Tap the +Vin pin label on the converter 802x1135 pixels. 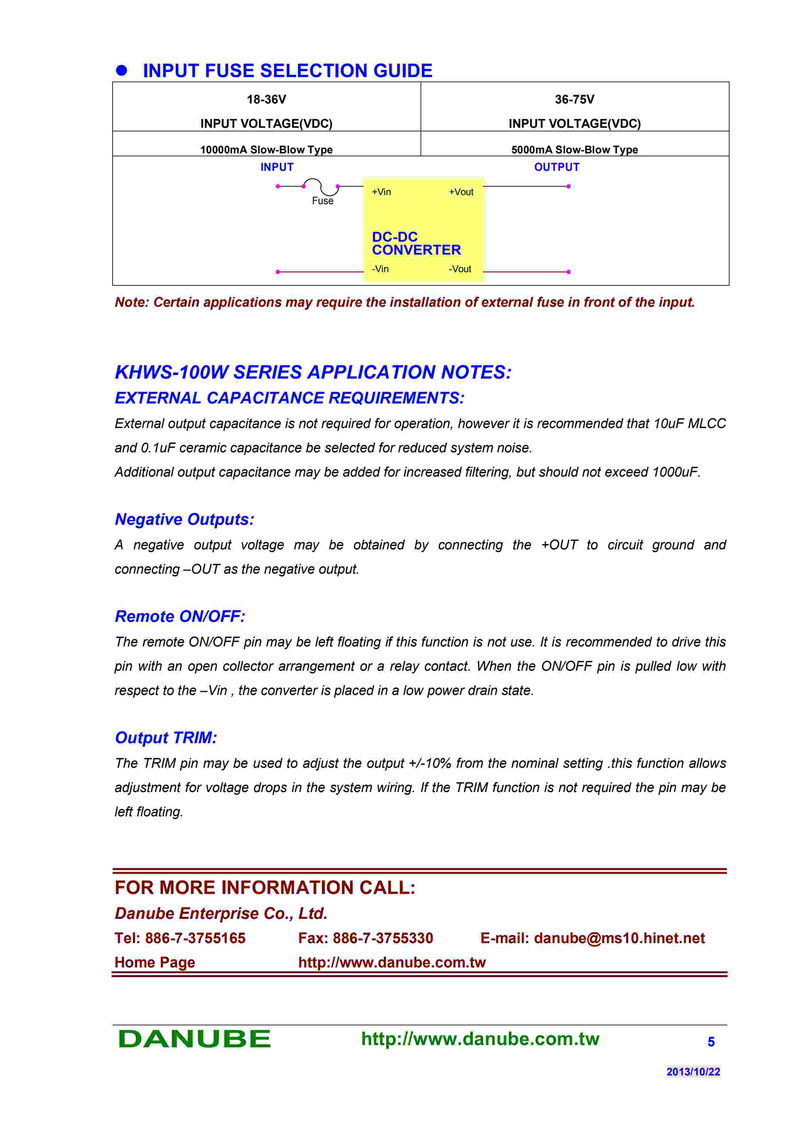381,192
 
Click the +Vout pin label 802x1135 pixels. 461,192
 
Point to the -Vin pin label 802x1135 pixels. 380,269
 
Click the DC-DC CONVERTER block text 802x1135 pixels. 416,243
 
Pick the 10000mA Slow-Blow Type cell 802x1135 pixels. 266,149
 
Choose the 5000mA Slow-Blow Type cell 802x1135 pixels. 574,149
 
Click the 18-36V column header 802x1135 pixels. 266,99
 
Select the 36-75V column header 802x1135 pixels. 574,99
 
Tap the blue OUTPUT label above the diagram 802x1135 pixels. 556,167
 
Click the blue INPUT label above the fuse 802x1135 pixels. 277,167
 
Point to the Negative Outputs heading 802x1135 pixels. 184,519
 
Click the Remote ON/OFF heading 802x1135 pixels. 180,616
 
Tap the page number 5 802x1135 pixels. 710,1041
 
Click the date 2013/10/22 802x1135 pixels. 693,1072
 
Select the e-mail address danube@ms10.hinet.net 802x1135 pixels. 619,938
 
